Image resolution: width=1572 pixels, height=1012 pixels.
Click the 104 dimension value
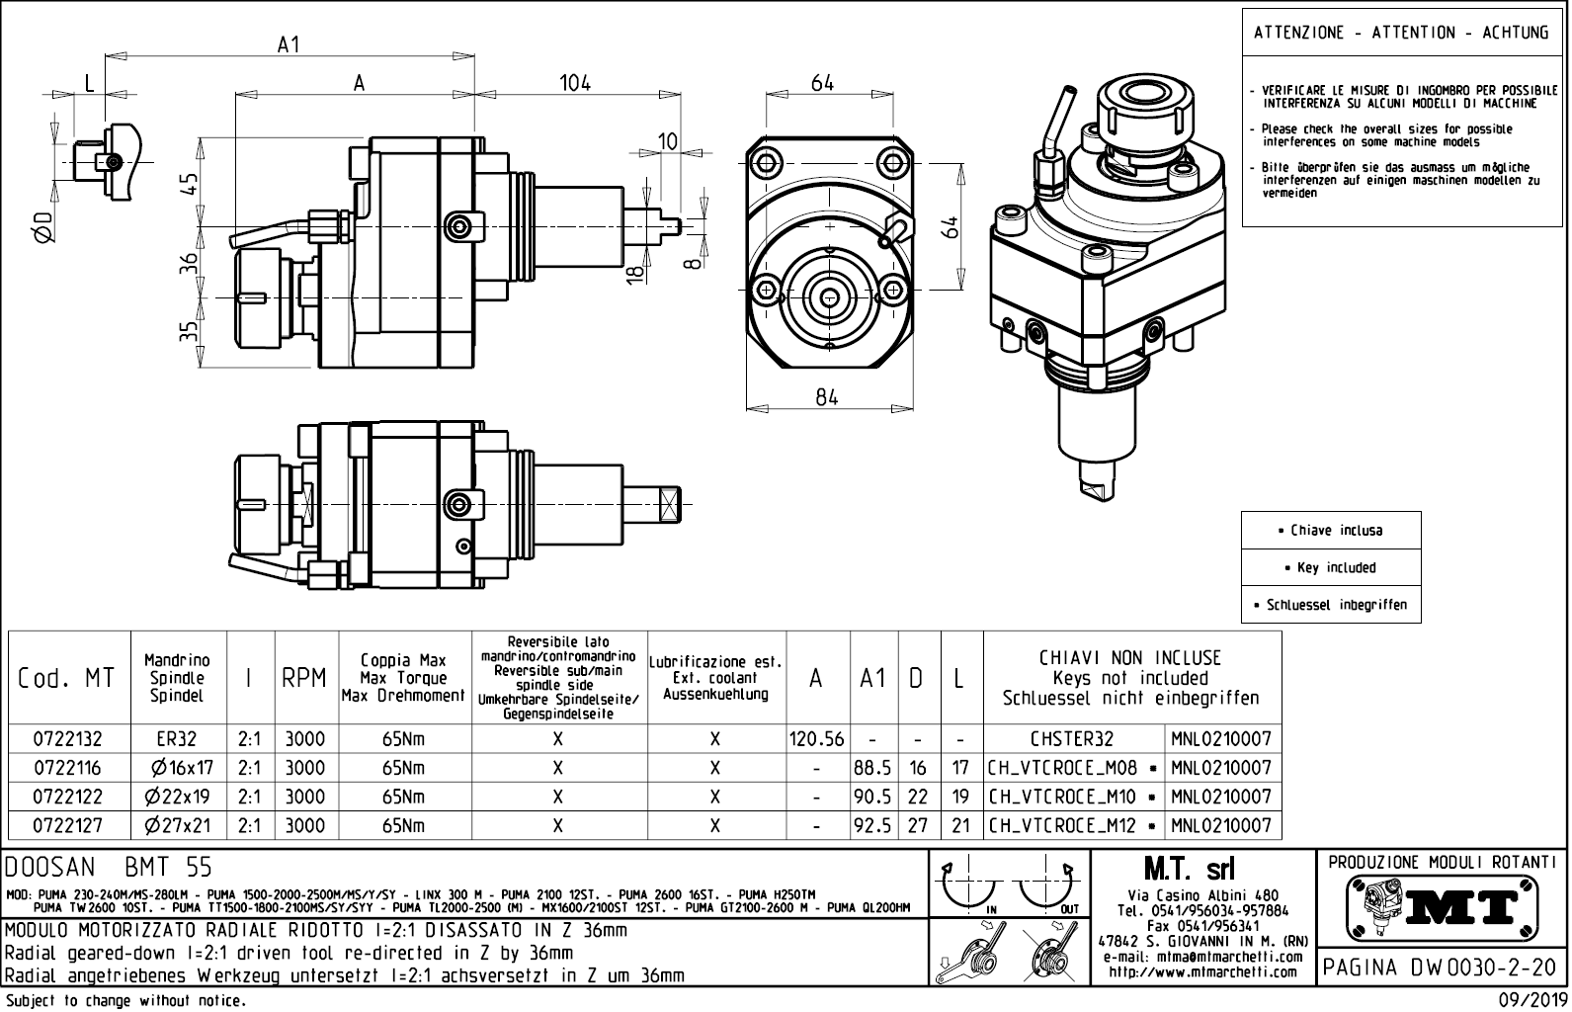click(x=575, y=83)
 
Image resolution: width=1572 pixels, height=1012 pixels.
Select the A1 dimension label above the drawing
click(x=289, y=44)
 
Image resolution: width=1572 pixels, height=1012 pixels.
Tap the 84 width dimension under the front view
click(x=827, y=396)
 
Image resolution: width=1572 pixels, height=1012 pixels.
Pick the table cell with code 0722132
click(x=68, y=739)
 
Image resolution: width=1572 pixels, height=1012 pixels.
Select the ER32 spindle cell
click(x=178, y=739)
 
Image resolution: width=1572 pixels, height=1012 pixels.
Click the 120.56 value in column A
click(x=816, y=739)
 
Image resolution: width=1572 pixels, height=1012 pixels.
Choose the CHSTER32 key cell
click(x=1073, y=739)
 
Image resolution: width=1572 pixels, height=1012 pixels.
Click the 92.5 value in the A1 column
click(x=872, y=825)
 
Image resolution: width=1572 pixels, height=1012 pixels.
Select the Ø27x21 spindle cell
click(x=178, y=825)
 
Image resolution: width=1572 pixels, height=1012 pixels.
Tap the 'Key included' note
click(x=1330, y=567)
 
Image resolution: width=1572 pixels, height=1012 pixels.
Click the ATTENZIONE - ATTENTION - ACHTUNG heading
click(x=1401, y=33)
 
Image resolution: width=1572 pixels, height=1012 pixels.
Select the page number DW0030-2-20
click(x=1444, y=968)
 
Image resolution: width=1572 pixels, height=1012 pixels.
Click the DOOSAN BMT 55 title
click(x=109, y=868)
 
